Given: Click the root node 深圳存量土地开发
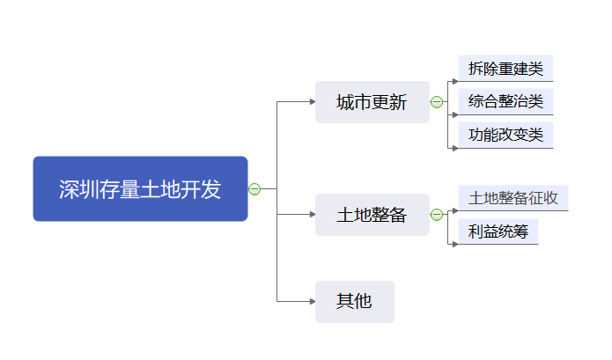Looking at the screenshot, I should point(140,188).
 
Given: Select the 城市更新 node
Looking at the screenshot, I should point(372,102).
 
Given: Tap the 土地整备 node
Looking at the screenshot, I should point(372,215).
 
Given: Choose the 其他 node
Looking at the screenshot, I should point(354,301).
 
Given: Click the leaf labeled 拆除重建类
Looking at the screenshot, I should point(505,68).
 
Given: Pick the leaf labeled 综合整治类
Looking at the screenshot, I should point(505,101).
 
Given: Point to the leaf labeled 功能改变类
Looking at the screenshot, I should point(505,135).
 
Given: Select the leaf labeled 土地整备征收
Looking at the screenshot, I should point(513,198).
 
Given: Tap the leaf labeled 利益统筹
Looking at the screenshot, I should point(498,231).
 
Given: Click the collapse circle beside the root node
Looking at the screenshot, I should point(254,188).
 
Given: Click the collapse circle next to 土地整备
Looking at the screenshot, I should point(436,215).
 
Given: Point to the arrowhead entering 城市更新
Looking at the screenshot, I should point(311,102).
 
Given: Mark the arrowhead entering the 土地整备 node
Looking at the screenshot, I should point(311,215).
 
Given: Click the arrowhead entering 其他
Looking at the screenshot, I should point(311,302).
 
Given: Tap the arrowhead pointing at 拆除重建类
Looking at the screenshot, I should point(454,81).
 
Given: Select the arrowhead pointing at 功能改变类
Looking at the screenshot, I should point(454,148).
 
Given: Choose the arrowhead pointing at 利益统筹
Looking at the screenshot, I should point(454,244).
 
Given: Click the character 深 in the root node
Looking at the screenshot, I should point(69,189).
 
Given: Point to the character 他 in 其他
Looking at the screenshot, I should point(363,301).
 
